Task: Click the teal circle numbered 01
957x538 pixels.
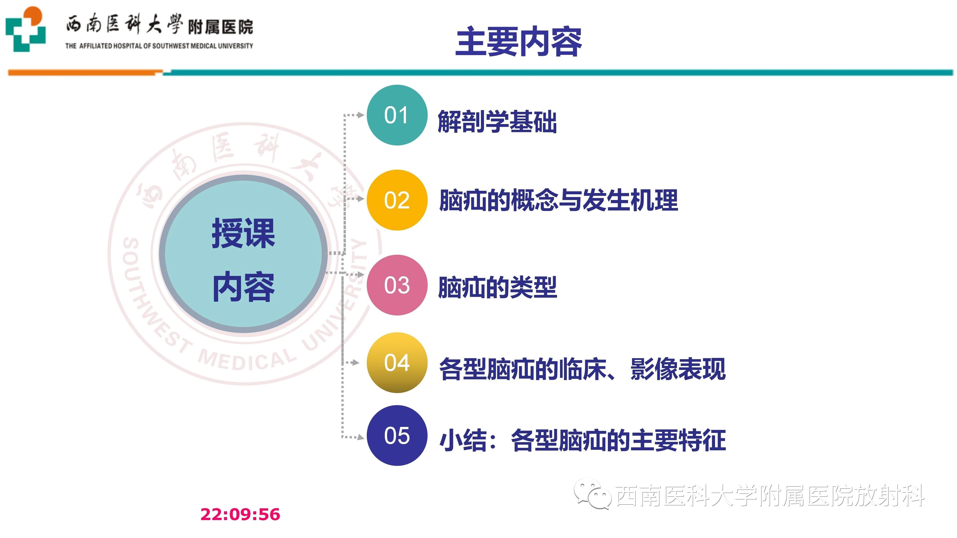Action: click(397, 115)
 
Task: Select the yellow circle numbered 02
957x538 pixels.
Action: click(397, 200)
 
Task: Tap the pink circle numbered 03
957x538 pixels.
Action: click(397, 285)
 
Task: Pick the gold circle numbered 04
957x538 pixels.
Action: click(397, 363)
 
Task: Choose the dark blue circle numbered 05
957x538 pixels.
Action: click(397, 436)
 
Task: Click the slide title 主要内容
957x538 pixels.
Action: click(519, 42)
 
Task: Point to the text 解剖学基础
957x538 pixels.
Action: click(497, 121)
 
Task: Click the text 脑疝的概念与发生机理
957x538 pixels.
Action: click(558, 200)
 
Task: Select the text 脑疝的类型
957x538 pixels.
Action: click(497, 287)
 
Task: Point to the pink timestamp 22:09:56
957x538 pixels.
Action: click(240, 515)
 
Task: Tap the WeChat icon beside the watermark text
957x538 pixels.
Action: click(593, 494)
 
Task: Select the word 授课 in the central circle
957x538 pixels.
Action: click(243, 233)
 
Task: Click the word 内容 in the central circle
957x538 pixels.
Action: click(243, 287)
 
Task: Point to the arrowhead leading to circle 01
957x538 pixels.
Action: click(360, 115)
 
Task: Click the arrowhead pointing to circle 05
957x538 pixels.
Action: click(360, 437)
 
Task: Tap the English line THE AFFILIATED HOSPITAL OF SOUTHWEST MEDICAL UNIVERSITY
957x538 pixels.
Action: click(159, 46)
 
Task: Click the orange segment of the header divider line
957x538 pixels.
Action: click(85, 73)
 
